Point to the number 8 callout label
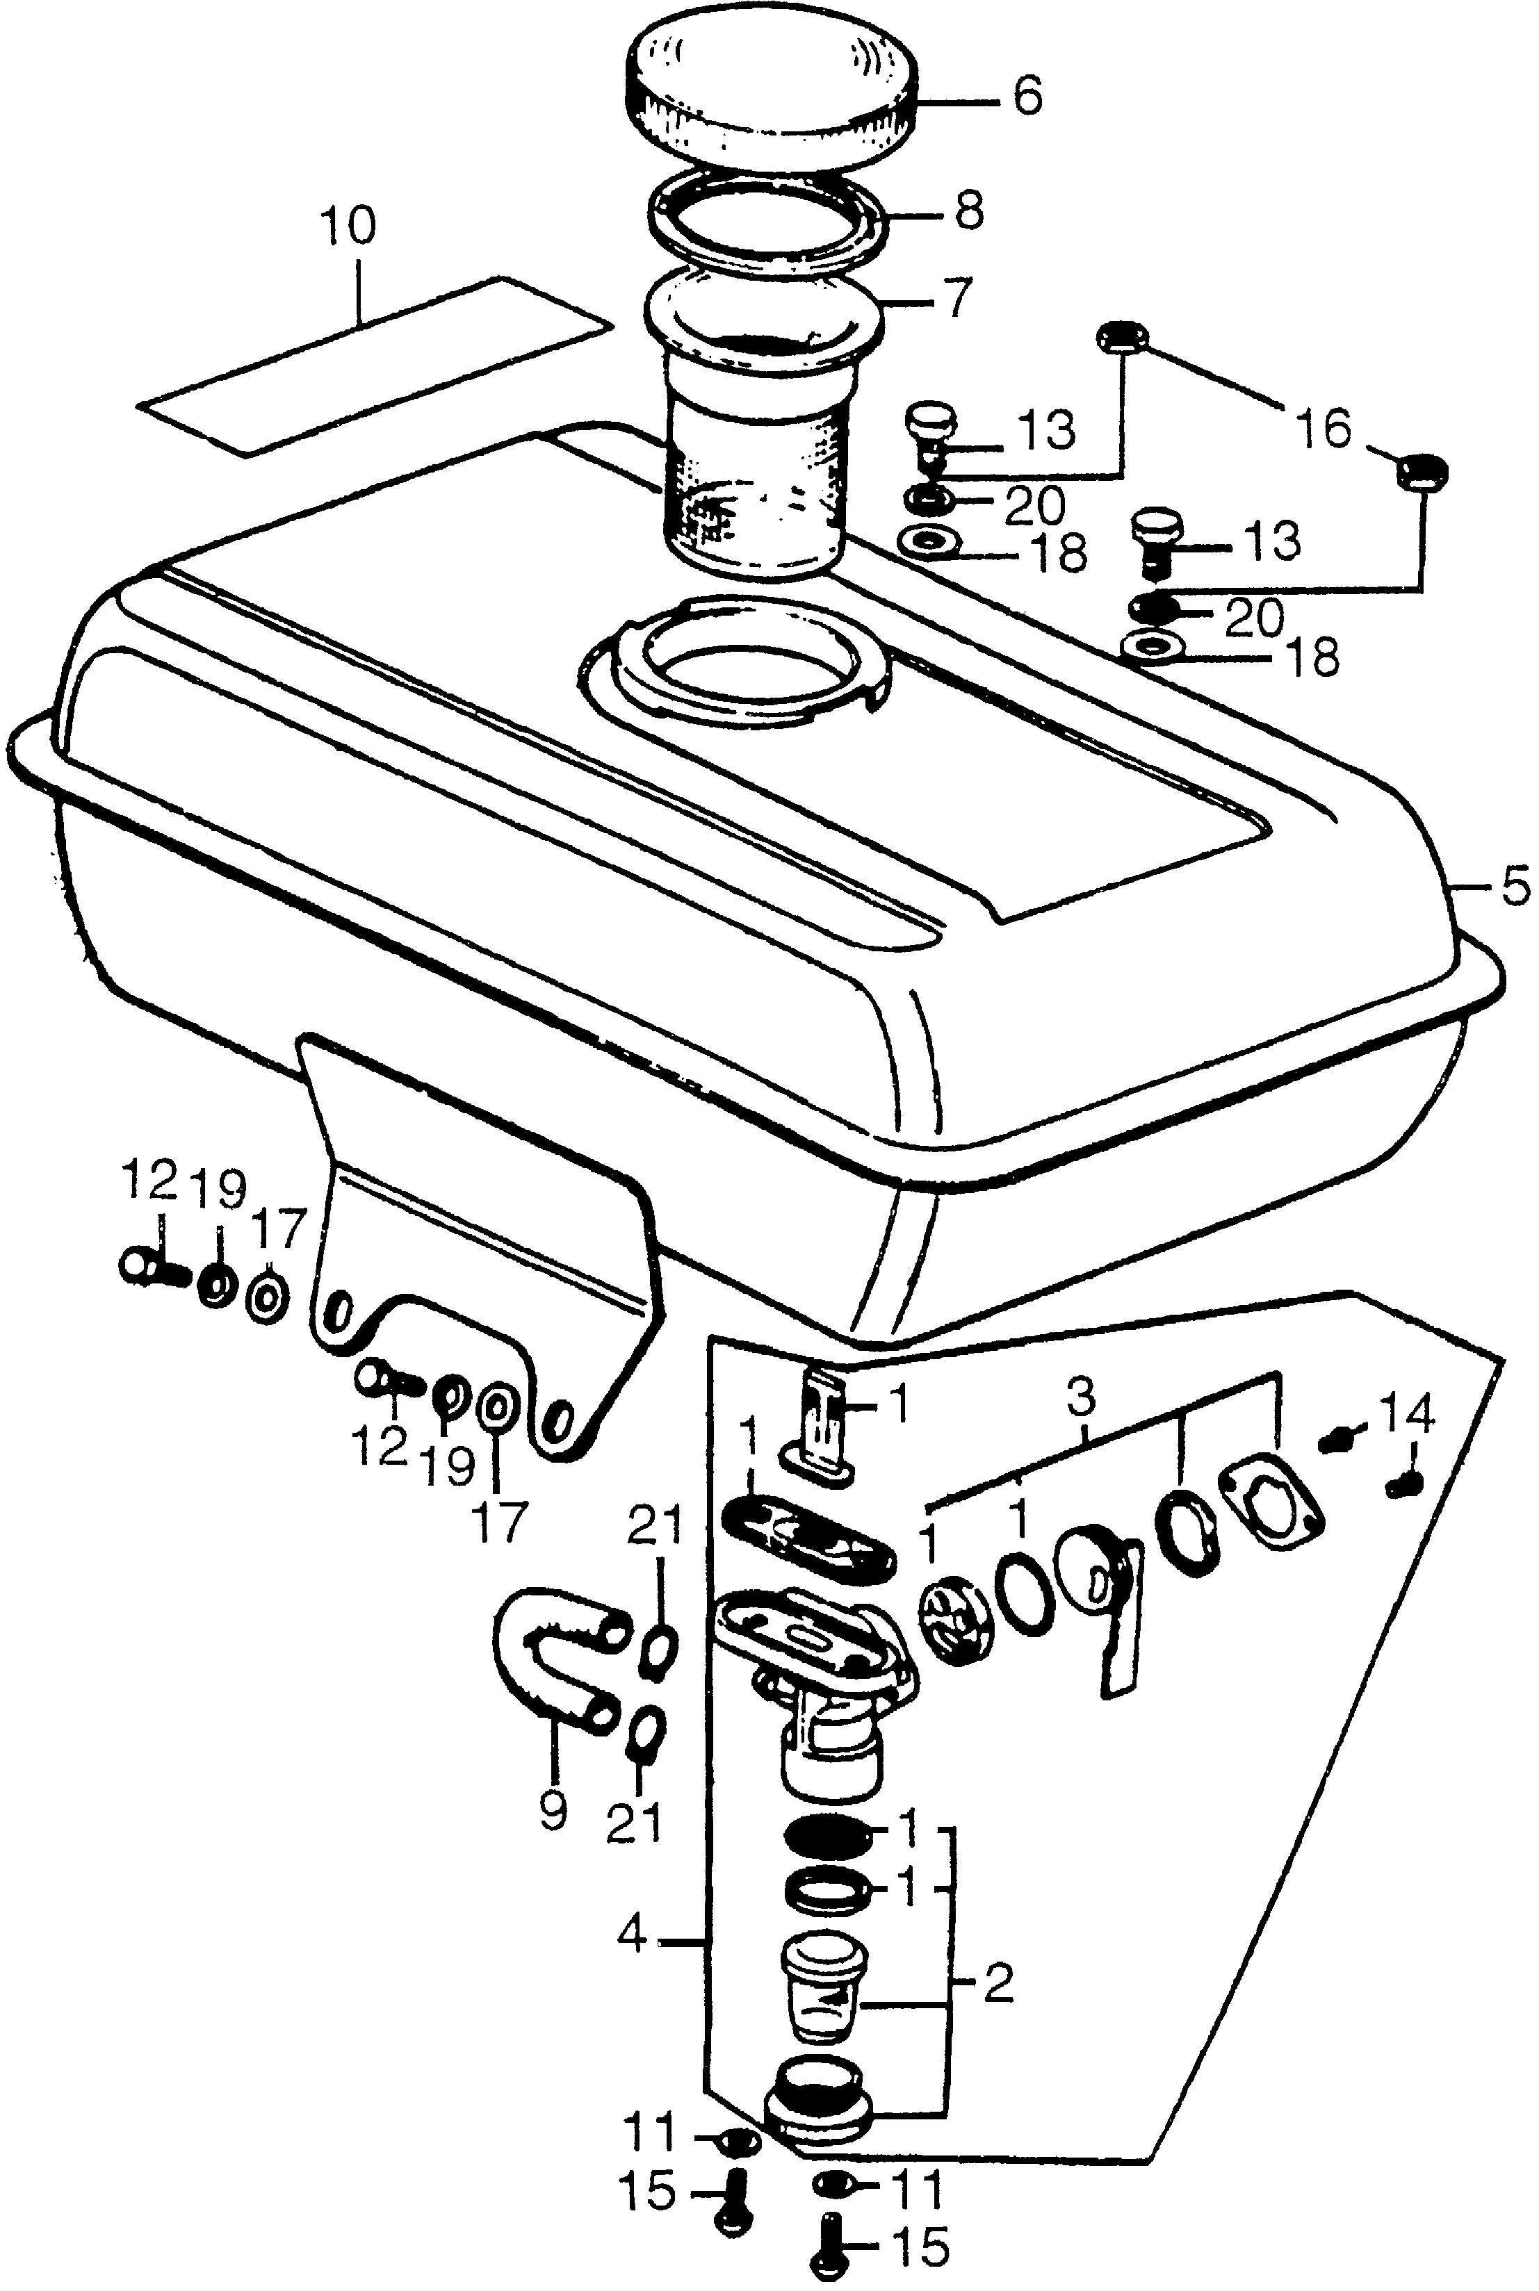969,211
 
